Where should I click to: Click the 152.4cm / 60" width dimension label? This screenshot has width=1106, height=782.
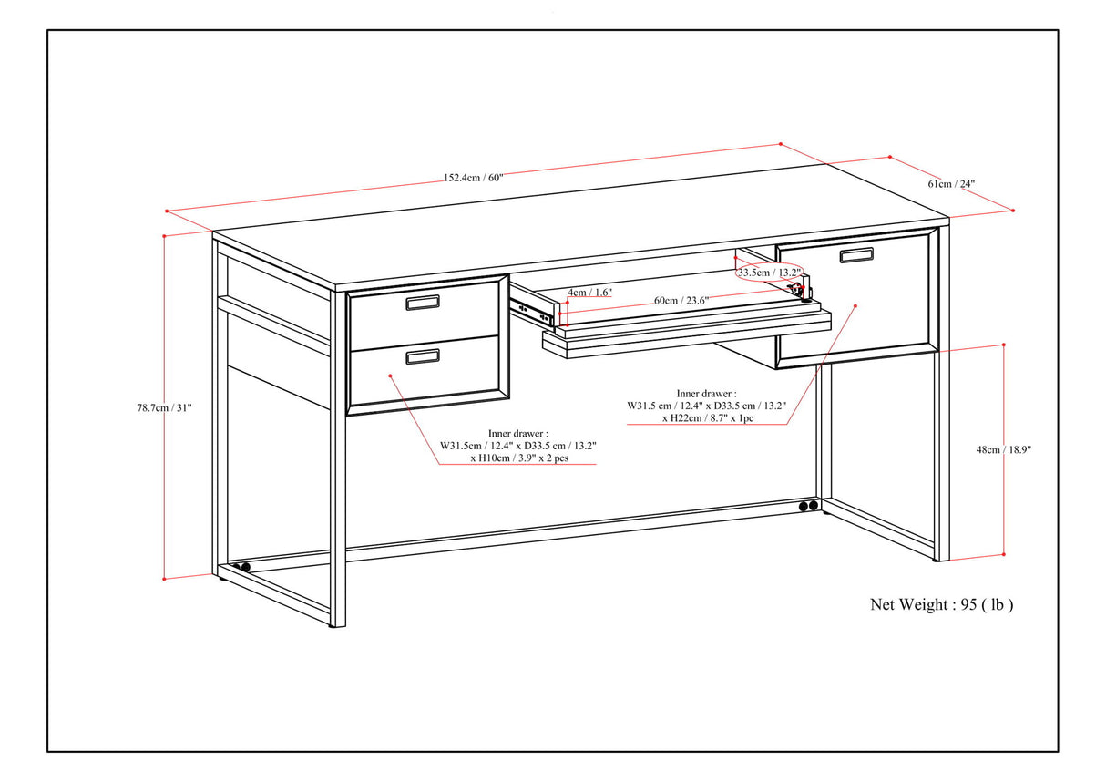[x=474, y=178]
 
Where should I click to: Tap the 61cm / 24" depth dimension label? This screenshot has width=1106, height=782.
[x=951, y=183]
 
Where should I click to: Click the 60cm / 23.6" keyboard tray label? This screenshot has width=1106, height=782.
[x=681, y=301]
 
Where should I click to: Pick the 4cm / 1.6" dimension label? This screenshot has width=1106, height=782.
[x=589, y=293]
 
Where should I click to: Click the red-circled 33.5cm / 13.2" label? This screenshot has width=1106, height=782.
[x=770, y=273]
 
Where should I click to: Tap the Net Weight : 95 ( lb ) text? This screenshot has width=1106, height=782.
[x=942, y=604]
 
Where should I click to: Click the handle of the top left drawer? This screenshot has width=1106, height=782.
[x=423, y=303]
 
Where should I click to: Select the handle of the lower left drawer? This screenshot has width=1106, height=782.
[x=423, y=356]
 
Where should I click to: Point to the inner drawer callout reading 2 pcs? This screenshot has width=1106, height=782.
[x=518, y=446]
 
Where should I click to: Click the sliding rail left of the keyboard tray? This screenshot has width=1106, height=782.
[x=534, y=311]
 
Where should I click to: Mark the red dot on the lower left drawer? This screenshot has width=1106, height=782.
[x=390, y=375]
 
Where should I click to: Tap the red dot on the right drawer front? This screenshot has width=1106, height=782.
[x=855, y=307]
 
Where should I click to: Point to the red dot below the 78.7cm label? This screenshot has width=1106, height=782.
[x=165, y=578]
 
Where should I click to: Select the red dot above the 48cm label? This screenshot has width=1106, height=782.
[x=1003, y=345]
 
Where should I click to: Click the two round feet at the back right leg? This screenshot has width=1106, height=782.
[x=807, y=507]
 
